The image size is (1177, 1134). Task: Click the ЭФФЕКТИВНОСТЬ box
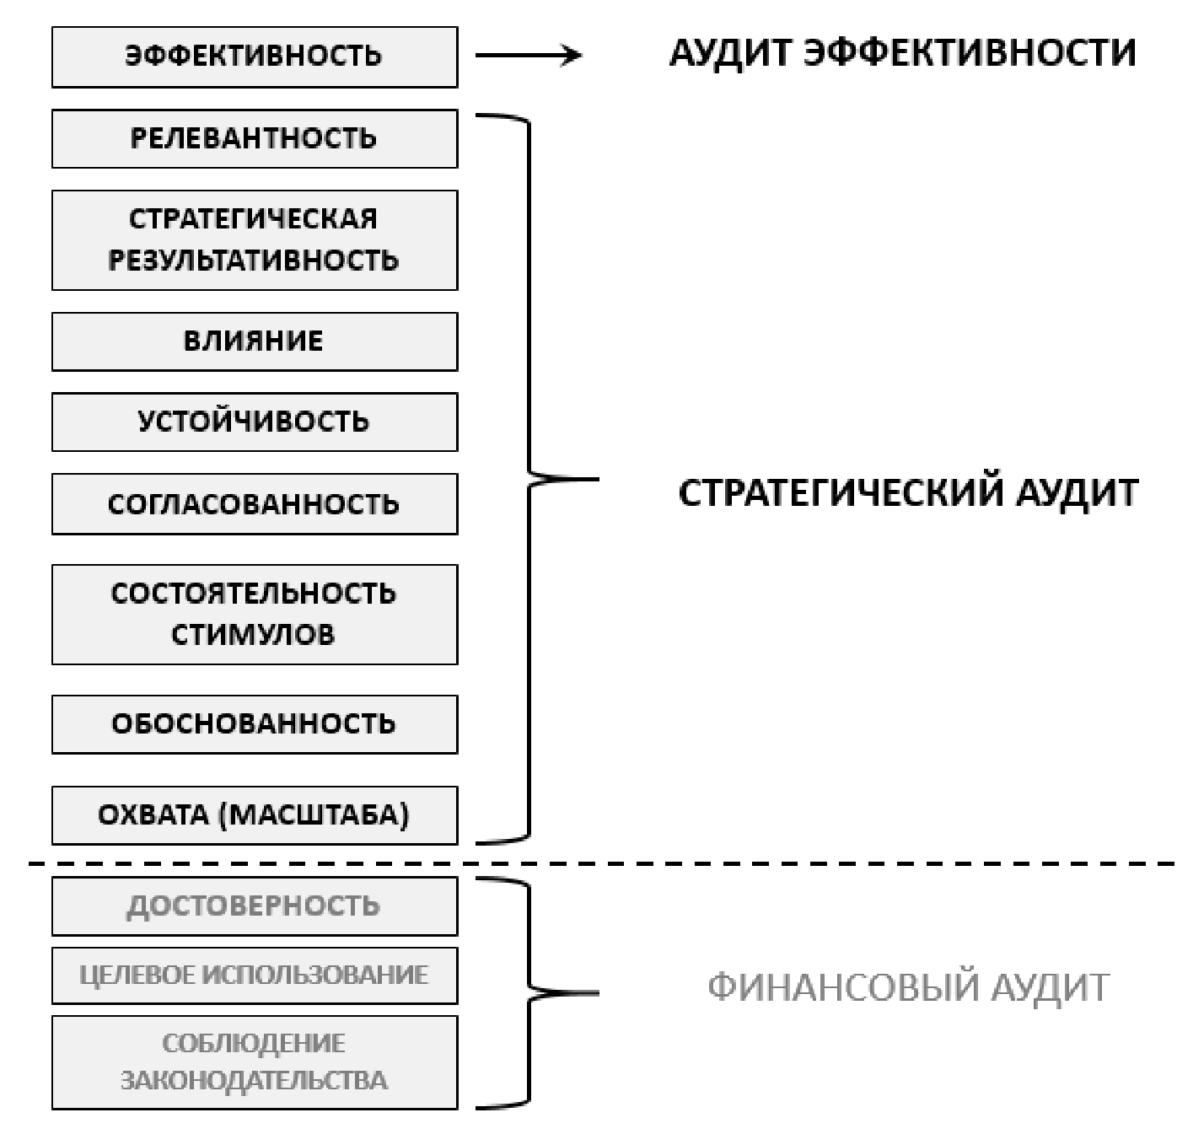click(254, 56)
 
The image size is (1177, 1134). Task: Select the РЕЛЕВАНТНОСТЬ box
click(254, 138)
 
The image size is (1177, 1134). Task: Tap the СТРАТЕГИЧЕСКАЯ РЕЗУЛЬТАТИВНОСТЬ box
click(254, 239)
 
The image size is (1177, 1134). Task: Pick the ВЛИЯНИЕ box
click(254, 341)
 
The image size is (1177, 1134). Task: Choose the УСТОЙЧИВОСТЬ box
click(254, 422)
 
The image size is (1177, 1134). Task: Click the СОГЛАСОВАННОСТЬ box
click(254, 504)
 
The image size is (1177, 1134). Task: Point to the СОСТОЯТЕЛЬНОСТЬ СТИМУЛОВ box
click(254, 614)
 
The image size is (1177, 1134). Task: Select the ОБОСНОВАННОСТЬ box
click(254, 724)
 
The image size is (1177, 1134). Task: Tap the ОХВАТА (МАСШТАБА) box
click(254, 815)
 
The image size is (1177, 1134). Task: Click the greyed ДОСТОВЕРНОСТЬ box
click(254, 906)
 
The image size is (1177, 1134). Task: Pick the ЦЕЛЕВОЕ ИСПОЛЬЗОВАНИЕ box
click(254, 975)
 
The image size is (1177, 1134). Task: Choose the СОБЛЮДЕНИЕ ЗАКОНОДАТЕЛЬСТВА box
click(254, 1062)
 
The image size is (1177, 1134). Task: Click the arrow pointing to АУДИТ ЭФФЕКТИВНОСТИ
click(529, 56)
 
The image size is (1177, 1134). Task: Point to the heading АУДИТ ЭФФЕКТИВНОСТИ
click(902, 53)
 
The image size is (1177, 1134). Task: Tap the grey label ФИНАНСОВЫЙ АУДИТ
click(908, 986)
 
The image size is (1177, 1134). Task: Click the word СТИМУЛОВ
click(253, 634)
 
